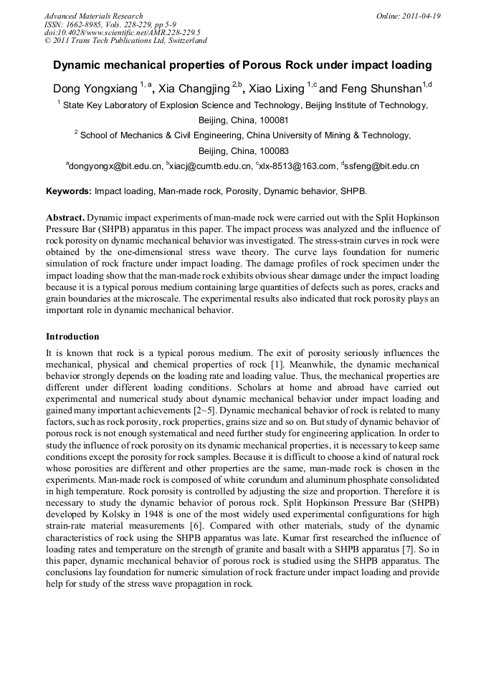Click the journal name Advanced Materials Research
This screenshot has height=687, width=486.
pos(93,16)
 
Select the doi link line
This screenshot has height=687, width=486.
pos(122,33)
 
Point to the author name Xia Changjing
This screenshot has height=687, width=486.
pos(195,89)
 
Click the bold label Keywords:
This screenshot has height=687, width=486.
pos(69,192)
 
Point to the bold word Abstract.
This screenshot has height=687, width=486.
pos(65,217)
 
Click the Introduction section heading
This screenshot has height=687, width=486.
pos(72,336)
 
